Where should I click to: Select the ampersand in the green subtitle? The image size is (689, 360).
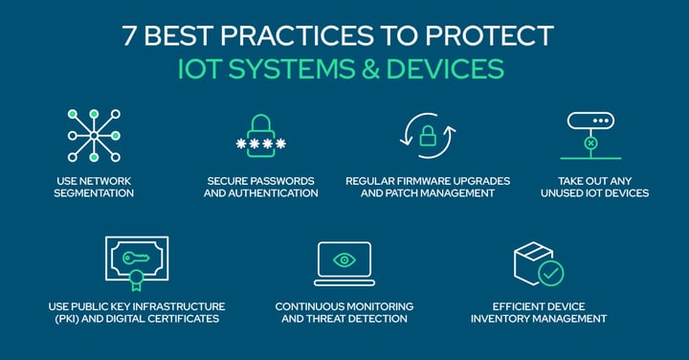coord(392,70)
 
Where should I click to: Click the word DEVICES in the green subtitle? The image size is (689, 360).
coord(456,70)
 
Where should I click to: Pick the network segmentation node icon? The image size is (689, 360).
coord(94,135)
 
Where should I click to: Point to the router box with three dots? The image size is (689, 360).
coord(590,123)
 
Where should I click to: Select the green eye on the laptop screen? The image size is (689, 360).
coord(344,259)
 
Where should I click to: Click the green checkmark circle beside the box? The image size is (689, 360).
coord(550,272)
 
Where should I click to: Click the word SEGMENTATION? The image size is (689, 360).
coord(94,193)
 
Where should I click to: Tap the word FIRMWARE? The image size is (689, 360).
coord(432,180)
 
